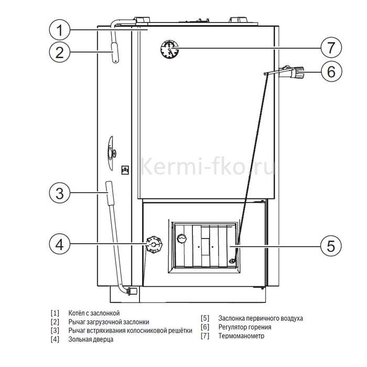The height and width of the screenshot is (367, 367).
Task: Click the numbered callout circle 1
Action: pos(60,30)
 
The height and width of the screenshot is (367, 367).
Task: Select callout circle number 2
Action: pos(60,52)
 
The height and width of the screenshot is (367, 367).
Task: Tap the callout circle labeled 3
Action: pos(60,193)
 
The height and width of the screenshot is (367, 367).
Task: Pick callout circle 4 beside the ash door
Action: pos(60,244)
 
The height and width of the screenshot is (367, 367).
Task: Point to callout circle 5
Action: pos(331,246)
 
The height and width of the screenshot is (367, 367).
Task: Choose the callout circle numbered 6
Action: pos(331,71)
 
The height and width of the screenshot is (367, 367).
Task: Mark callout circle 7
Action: pos(331,48)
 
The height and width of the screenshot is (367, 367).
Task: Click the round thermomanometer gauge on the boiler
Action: pos(169,49)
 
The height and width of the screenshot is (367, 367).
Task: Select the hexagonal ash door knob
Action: pos(154,244)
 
